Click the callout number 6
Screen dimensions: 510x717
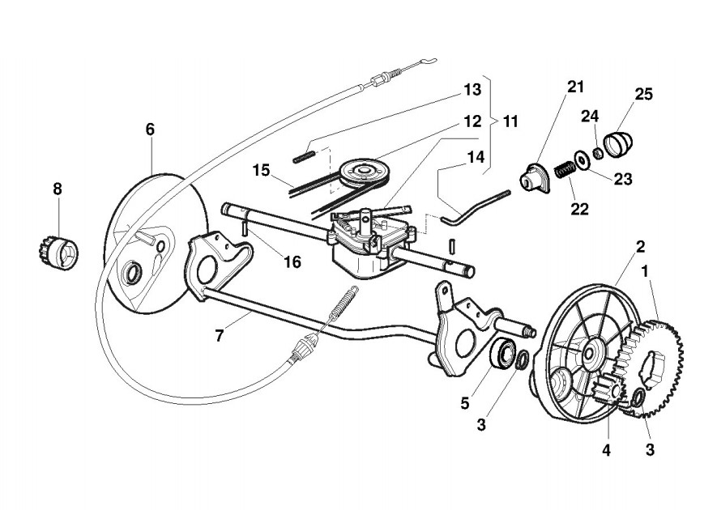coord(150,130)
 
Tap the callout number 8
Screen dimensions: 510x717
coord(57,189)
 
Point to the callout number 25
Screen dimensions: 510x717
coord(643,95)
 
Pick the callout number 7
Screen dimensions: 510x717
coord(219,334)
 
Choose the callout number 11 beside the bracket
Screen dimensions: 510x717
coord(510,122)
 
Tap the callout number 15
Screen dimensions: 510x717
coord(260,171)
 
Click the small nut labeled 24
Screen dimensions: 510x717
coord(597,152)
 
